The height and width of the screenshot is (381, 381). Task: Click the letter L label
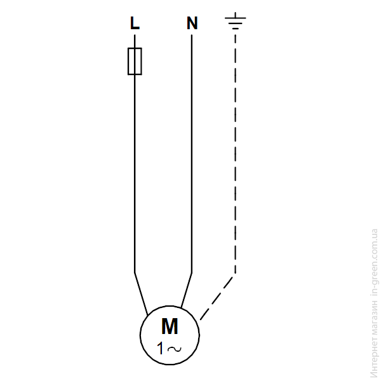coord(135,23)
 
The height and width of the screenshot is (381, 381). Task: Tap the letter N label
coord(192,23)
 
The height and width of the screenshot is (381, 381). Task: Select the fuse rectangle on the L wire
coord(135,61)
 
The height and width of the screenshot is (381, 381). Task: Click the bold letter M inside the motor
coord(170,326)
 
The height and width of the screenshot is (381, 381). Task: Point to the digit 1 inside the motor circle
coord(161,348)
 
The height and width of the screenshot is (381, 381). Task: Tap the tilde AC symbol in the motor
coord(174,349)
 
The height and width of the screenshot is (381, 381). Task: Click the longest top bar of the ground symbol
coord(235,18)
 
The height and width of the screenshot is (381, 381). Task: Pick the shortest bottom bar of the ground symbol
coord(235,29)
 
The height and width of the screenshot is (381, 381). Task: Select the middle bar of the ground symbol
coord(235,23)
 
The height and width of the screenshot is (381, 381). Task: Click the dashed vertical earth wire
coord(235,154)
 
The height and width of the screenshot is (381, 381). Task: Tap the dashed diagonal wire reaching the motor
coord(217,298)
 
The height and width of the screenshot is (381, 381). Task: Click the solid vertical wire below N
coord(192,154)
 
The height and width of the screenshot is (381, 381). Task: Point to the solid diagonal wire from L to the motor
coord(141,294)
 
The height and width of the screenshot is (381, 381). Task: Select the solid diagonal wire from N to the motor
coord(187,291)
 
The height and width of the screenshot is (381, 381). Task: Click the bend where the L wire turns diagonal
coord(135,272)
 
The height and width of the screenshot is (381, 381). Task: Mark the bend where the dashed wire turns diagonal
coord(235,274)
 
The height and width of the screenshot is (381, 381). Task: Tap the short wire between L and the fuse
coord(135,41)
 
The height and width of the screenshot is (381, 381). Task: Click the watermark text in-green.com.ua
coord(374,262)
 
